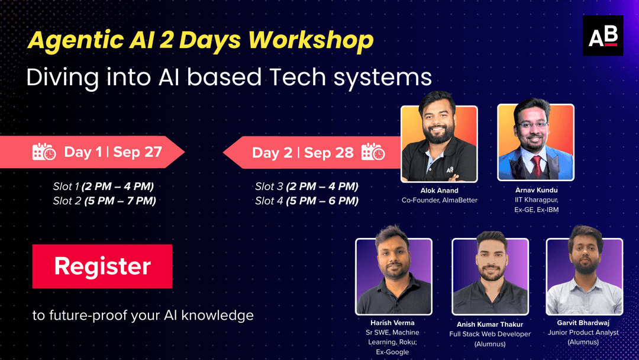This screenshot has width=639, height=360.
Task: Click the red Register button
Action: coord(102,266)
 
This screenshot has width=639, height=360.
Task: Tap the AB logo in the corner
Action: coord(603,36)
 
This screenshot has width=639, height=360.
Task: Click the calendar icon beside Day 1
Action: coord(44,152)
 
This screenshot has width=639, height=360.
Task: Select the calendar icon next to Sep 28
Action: coord(373,152)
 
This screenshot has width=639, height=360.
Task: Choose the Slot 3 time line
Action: coord(306,187)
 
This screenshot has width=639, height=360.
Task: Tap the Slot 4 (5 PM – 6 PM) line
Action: coord(306,201)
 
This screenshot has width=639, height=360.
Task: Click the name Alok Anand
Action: coord(438,191)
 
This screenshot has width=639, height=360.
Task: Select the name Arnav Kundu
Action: coord(536,190)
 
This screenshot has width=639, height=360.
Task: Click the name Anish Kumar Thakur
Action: coord(490,324)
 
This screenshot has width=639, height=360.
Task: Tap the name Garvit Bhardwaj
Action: coord(583,323)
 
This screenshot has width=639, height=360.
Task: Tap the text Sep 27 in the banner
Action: coord(137,152)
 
